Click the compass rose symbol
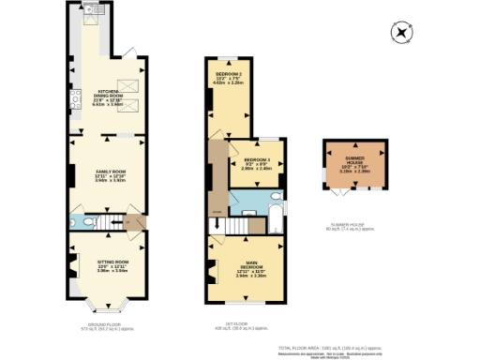[x=402, y=32]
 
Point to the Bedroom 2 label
[x=230, y=78]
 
